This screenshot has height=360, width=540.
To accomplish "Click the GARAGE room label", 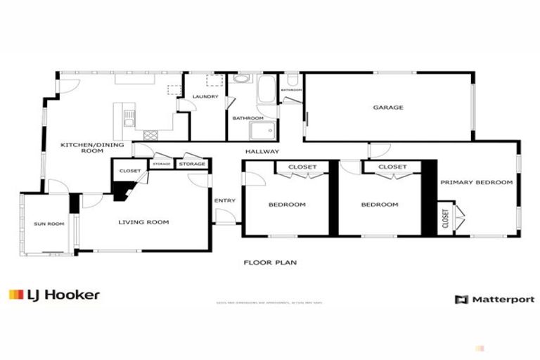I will coord(387,108).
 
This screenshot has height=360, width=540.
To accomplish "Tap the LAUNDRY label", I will coord(205,96).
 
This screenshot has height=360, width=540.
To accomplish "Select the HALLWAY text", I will coord(262,151).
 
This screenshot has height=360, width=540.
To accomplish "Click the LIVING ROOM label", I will coord(143,222).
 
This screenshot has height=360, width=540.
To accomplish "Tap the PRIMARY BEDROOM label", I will coord(476,182).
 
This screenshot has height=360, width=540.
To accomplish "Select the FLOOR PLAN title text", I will coord(270,262).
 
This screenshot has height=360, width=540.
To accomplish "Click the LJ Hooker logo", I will coord(54,295).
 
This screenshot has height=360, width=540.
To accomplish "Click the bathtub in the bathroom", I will coord(268,91).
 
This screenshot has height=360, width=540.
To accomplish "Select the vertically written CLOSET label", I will coord(445,219).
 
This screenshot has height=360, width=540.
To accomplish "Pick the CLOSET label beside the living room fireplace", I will coord(129,171).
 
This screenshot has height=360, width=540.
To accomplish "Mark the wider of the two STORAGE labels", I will coord(192,164).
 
